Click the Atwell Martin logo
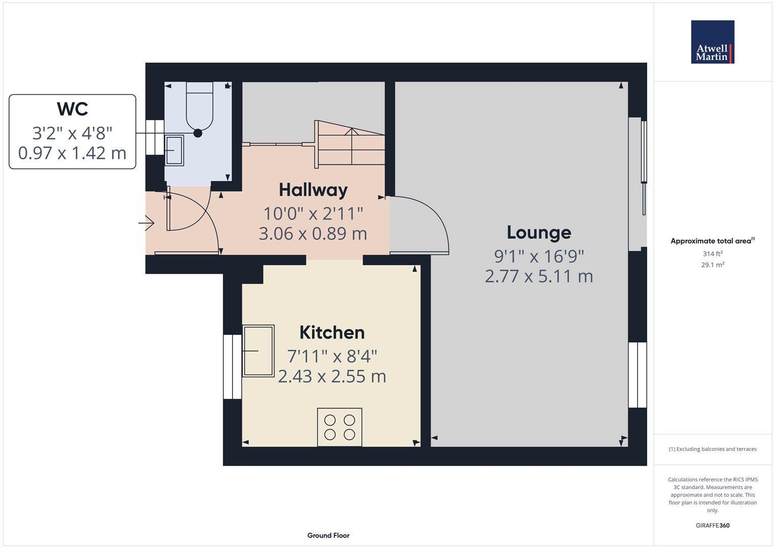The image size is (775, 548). coord(713,42)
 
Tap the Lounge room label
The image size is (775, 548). coord(538,233)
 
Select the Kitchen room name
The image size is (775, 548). coord(332,332)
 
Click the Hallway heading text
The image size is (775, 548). coord(313,190)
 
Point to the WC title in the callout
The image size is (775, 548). coord(72,109)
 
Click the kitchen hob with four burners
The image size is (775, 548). coord(340,427)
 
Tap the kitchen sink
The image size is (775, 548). coord(258,351)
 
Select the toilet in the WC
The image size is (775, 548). coord(199,106)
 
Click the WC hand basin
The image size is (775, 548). coord(174,151)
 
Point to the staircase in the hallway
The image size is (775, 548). coord(350,144)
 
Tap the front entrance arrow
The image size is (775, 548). coord(146,223)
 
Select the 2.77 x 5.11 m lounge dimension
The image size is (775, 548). coord(538,277)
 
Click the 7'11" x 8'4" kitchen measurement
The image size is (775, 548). coord(332,356)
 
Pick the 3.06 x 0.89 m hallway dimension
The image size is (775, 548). coord(313,234)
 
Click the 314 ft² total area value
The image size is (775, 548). coord(713,254)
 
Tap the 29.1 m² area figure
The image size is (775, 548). coord(713,265)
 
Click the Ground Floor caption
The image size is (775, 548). coord(328,535)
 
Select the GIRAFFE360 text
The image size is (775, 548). coord(713,526)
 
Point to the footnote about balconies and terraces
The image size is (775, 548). coord(713,449)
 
